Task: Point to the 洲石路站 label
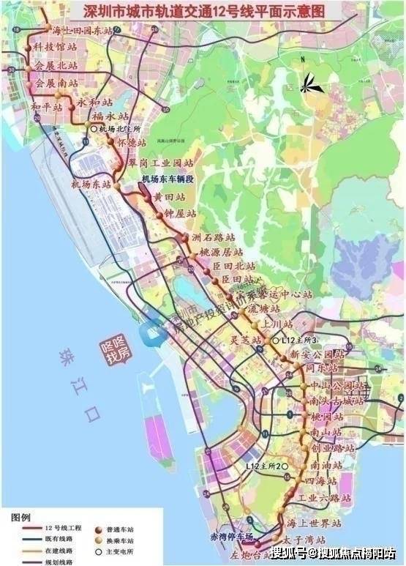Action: [x=213, y=238]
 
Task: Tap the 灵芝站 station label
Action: [x=245, y=340]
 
